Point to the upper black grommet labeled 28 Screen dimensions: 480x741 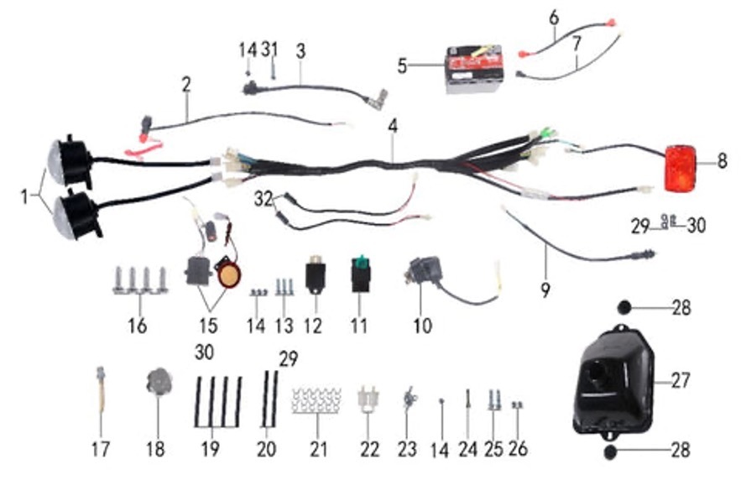click(x=628, y=307)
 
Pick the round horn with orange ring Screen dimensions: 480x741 click(x=227, y=274)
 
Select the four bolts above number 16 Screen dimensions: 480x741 click(x=139, y=280)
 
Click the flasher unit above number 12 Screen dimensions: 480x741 click(x=316, y=275)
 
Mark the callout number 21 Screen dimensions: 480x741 click(x=317, y=449)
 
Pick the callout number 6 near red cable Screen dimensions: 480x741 click(x=553, y=17)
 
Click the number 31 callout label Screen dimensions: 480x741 click(x=269, y=49)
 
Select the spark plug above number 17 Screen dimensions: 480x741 click(x=101, y=390)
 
